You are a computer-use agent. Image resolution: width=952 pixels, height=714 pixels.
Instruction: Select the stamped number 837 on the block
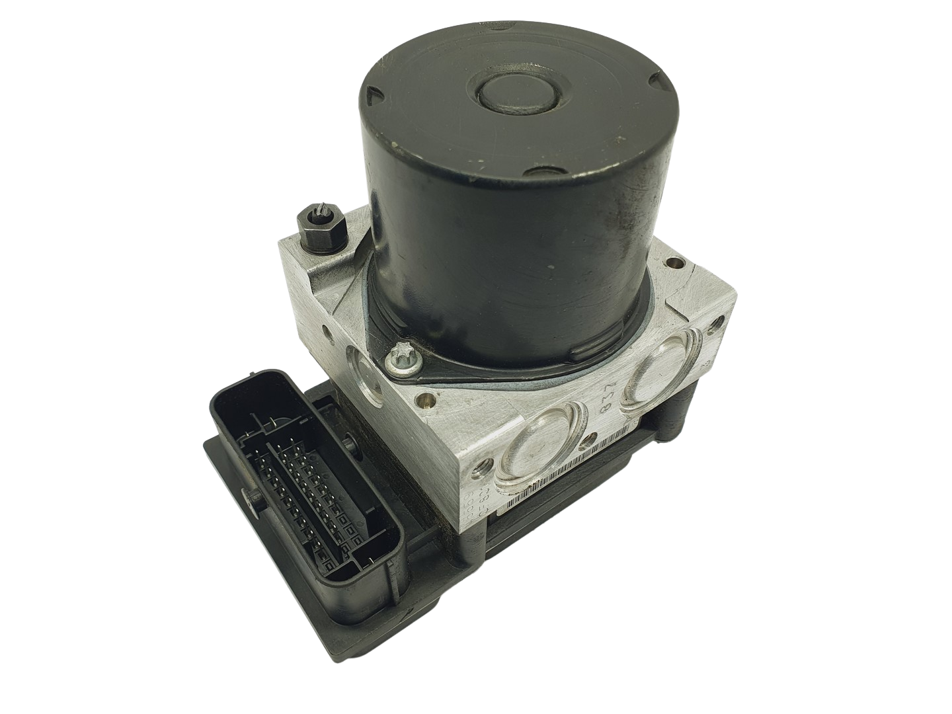610,405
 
